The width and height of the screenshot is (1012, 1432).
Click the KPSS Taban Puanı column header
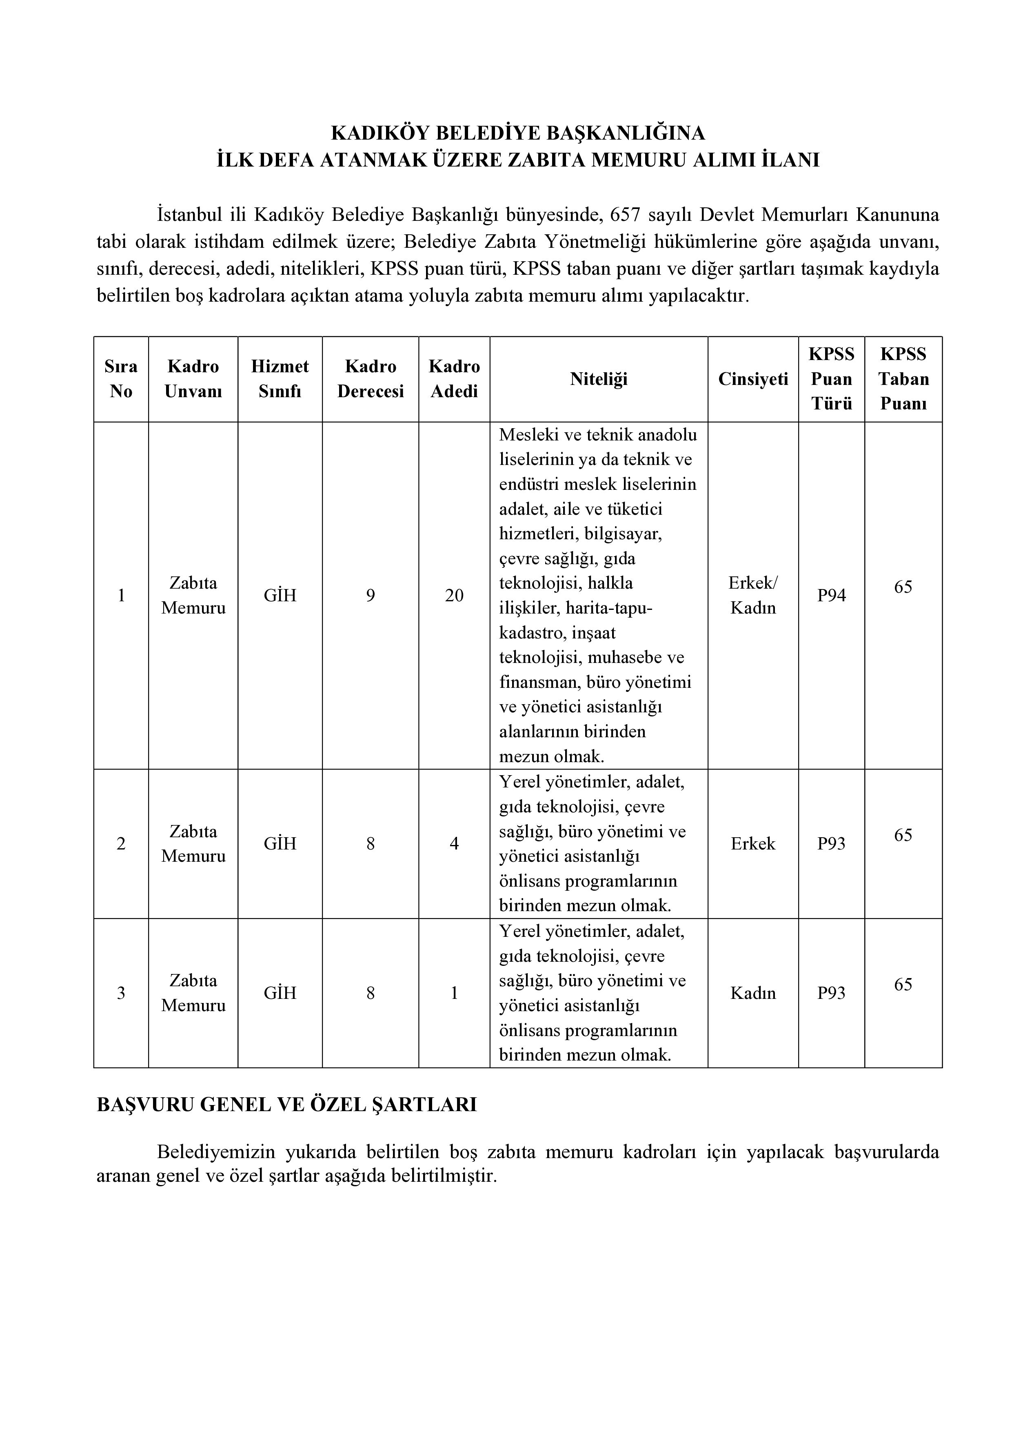903,378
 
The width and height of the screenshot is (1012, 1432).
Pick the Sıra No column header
121,378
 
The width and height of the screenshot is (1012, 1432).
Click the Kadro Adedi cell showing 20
454,596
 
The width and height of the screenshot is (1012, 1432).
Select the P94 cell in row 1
831,596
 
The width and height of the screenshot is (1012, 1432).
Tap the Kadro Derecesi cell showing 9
371,596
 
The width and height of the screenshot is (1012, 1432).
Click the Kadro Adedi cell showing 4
454,844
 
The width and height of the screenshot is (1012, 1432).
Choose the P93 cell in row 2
831,844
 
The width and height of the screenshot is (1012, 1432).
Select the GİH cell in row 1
280,596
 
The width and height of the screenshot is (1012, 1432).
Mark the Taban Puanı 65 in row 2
903,835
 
